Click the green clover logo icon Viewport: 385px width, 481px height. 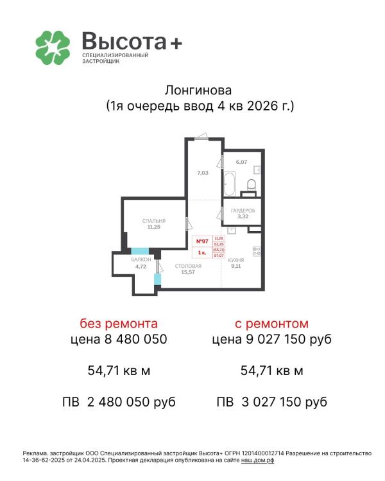[52, 46]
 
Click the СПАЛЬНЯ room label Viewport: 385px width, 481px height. [154, 220]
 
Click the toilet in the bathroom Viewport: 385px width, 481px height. [251, 186]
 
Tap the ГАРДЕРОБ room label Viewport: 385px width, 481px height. [243, 211]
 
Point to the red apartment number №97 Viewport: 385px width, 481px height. [201, 241]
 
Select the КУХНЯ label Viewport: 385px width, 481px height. [235, 260]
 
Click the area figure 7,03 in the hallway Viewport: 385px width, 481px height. [202, 173]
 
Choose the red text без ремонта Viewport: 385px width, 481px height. [118, 323]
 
